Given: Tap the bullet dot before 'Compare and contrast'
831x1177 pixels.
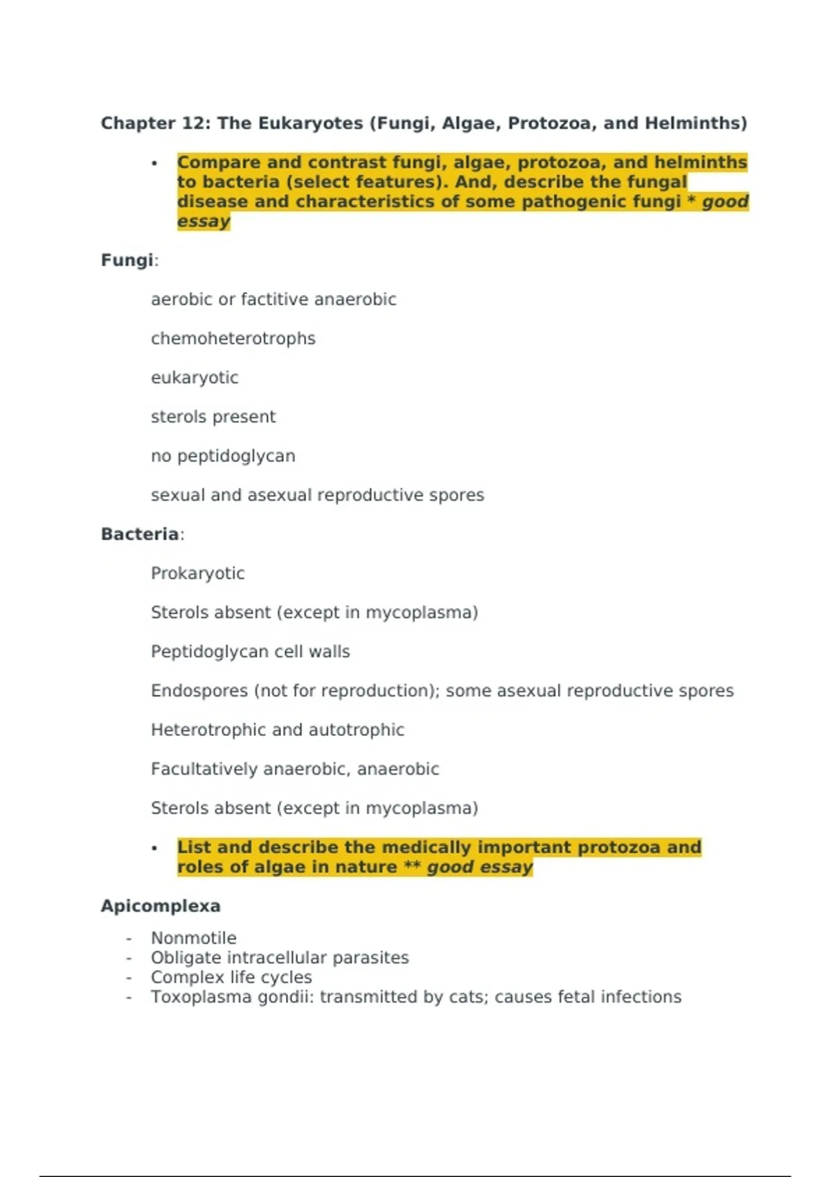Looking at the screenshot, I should pos(154,163).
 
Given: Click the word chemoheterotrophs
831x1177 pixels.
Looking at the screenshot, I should pos(233,339).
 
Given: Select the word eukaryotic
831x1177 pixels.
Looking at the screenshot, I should pos(194,378).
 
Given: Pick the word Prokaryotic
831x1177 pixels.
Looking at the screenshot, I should pos(197,573).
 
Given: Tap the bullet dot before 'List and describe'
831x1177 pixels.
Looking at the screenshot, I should pos(154,848).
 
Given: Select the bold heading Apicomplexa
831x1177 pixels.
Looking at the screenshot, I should pos(160,906).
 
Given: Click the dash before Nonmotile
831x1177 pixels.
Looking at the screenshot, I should pos(129,938).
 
